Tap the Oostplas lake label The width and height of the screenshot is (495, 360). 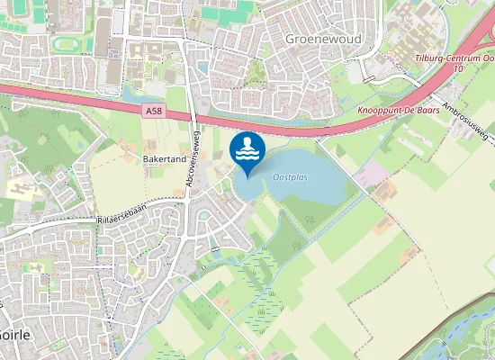tap(290, 177)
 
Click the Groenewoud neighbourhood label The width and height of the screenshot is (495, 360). tap(318, 40)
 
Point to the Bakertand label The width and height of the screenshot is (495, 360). tap(164, 157)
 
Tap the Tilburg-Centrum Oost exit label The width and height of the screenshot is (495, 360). tap(455, 58)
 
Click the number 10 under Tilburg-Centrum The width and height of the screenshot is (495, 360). tap(459, 68)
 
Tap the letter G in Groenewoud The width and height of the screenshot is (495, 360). tap(290, 40)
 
